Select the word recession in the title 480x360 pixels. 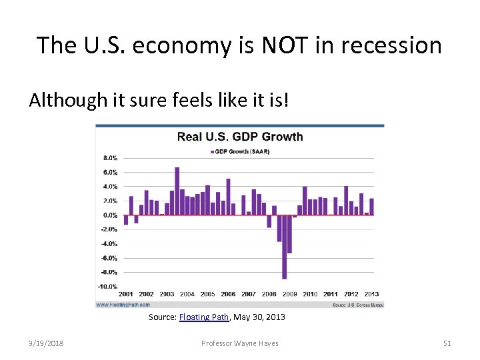[393, 45]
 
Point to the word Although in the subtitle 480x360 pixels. [62, 100]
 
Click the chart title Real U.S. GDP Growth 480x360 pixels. [239, 137]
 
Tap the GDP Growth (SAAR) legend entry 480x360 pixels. [240, 151]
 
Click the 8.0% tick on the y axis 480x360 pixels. [109, 158]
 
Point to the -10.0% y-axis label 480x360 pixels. [108, 286]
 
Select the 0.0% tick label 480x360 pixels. [109, 215]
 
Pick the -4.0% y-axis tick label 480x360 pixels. [109, 243]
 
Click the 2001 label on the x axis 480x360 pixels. [126, 294]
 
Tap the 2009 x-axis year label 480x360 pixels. [289, 294]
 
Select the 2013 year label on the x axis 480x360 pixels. [371, 294]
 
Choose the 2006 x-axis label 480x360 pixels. [228, 294]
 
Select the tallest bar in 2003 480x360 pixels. [177, 191]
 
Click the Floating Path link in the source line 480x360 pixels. [205, 317]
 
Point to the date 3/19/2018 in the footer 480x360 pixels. [47, 343]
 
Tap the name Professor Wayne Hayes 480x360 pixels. [240, 343]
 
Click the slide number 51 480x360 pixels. [447, 343]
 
